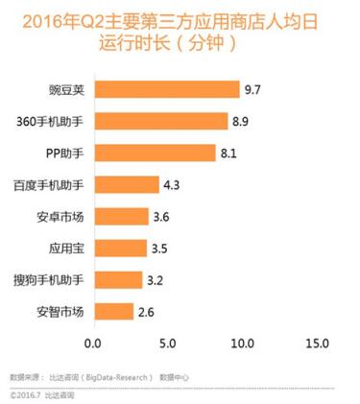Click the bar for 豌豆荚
click(x=166, y=89)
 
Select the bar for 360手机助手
click(x=160, y=121)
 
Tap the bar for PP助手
click(x=155, y=153)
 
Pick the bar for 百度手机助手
click(x=126, y=184)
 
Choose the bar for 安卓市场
click(x=121, y=216)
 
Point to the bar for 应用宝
click(x=120, y=248)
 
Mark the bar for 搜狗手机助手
click(x=118, y=279)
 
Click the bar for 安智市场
click(x=113, y=311)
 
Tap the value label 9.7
click(x=253, y=89)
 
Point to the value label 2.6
click(x=148, y=311)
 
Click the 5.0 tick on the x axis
click(x=168, y=343)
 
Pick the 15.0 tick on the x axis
click(x=317, y=343)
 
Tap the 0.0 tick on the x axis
click(x=93, y=343)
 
